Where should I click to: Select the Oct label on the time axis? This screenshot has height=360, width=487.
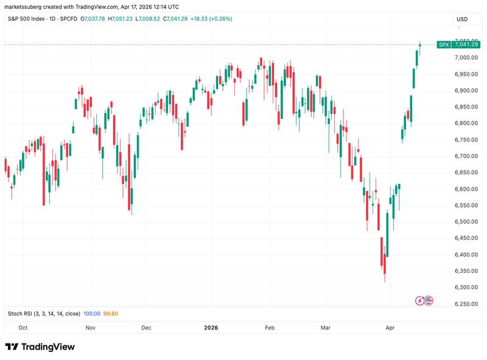pos(23,327)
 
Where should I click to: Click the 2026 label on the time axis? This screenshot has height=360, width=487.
pos(211,327)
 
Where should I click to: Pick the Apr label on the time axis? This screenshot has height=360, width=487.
pos(390,327)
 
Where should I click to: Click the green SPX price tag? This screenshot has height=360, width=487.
pos(443,44)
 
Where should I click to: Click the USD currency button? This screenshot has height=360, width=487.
pos(462,19)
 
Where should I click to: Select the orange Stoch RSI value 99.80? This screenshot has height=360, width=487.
pos(110,314)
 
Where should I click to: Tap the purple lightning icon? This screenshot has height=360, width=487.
pos(419,300)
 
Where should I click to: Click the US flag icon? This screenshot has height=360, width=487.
pos(428,300)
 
